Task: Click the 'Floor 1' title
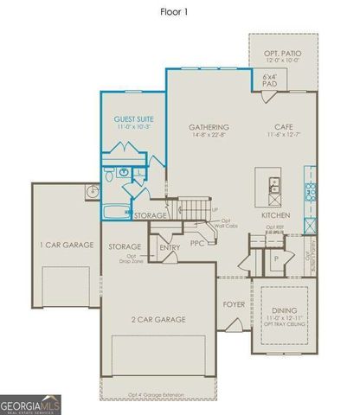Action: (x=181, y=13)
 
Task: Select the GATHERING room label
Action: (x=209, y=128)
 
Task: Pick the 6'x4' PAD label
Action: (x=269, y=81)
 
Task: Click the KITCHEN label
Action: (x=275, y=214)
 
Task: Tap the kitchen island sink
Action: (x=273, y=184)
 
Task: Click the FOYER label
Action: (x=234, y=304)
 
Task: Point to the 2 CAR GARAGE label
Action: (x=157, y=320)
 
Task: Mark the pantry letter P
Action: (x=274, y=259)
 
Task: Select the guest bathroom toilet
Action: (x=107, y=176)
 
